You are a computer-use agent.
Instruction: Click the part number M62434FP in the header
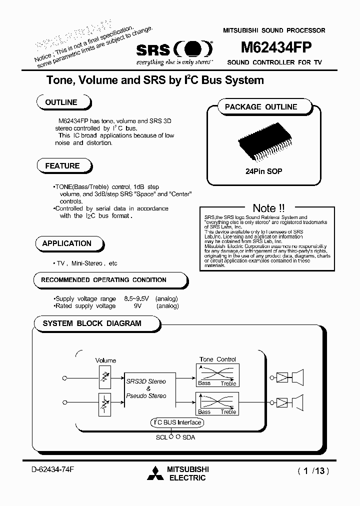(276, 47)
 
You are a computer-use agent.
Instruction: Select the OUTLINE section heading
(61, 102)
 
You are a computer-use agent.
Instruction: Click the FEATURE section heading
(62, 165)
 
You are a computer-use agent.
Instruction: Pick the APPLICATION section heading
(67, 243)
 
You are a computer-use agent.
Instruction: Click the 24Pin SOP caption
(263, 171)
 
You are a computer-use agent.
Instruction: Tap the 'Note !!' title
(268, 208)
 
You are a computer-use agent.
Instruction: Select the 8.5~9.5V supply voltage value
(136, 298)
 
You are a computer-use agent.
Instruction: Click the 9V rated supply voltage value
(138, 306)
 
